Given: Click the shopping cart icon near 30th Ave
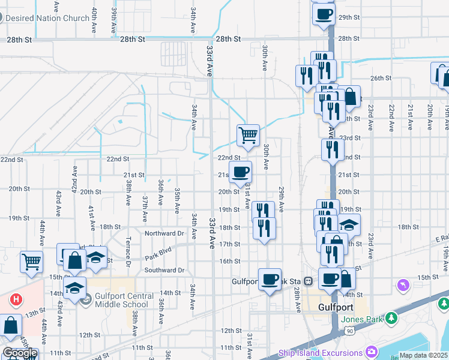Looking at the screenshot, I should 248,135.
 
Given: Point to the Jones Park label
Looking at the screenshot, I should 361,319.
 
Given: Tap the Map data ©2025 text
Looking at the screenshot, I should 423,355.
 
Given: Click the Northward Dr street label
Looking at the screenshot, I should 164,233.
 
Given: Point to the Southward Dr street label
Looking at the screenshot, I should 164,270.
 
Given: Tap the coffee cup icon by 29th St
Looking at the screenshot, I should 324,13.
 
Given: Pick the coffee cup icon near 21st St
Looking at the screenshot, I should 240,172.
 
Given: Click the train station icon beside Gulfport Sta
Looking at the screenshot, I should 308,280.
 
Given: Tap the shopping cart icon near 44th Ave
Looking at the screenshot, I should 31,261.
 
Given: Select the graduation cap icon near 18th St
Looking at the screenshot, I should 349,225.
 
